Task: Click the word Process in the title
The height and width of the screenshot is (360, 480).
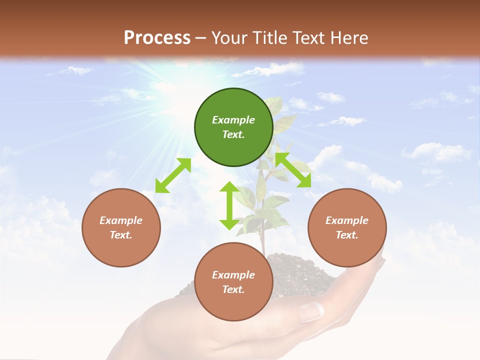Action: click(157, 38)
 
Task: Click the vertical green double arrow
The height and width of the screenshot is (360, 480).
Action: click(229, 205)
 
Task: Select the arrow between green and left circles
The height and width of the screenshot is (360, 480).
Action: click(173, 175)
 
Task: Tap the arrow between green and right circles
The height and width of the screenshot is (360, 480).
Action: click(293, 170)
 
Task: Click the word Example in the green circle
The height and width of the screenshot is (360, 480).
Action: click(233, 120)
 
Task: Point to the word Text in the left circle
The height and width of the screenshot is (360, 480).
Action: click(121, 235)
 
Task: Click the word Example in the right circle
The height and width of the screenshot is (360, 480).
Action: click(347, 220)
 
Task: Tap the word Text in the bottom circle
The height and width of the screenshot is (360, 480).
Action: click(233, 289)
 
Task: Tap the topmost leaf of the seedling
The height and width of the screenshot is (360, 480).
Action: click(274, 104)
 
